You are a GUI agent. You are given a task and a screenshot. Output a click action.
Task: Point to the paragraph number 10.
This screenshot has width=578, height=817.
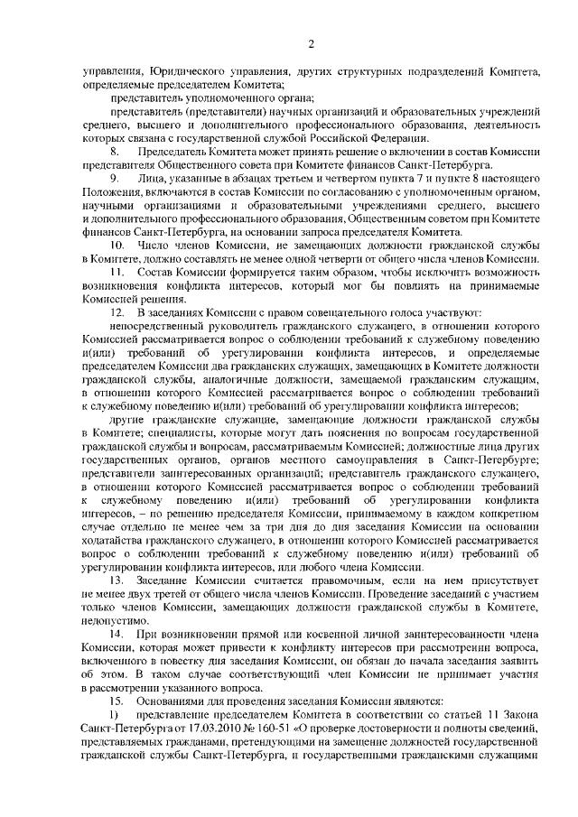117,245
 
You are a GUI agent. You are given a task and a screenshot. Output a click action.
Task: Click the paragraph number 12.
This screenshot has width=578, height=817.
117,311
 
